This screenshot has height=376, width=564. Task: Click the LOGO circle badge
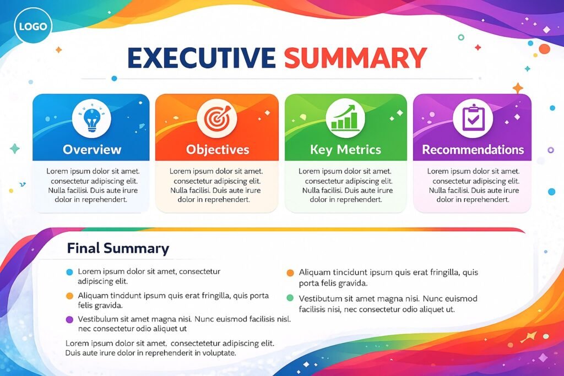(x=33, y=26)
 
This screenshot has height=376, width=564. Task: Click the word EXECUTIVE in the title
(x=201, y=58)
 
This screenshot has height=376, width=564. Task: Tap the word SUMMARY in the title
(x=355, y=58)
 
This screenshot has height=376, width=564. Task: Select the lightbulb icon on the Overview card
(x=91, y=118)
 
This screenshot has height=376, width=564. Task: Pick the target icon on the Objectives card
(x=218, y=118)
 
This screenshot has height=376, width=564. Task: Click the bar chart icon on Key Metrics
(x=345, y=118)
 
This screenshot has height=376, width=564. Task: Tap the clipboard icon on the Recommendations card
(x=473, y=118)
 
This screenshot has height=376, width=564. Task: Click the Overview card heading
(x=91, y=149)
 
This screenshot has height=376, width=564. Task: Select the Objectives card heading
(x=218, y=149)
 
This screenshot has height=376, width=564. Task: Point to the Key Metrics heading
(x=345, y=149)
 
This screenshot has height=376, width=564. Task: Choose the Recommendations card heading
(x=473, y=149)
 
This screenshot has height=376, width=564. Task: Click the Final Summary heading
(x=118, y=248)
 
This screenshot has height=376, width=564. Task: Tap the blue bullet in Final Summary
(x=69, y=272)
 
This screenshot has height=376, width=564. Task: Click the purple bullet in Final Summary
(x=69, y=319)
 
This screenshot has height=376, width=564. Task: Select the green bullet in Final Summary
(x=290, y=298)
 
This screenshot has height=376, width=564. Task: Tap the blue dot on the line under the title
(x=114, y=78)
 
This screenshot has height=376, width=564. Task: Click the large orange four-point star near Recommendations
(x=518, y=88)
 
